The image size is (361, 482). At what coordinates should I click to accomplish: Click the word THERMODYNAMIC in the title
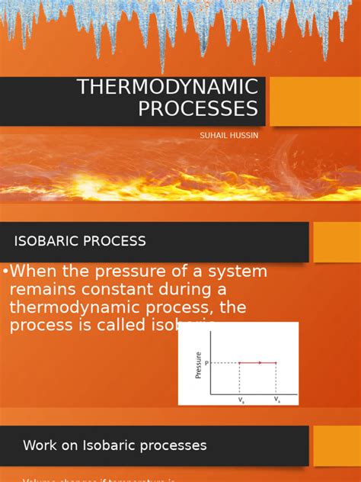pyautogui.click(x=168, y=87)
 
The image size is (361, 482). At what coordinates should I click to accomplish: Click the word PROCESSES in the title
pyautogui.click(x=198, y=109)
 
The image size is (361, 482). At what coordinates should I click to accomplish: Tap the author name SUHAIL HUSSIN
pyautogui.click(x=228, y=135)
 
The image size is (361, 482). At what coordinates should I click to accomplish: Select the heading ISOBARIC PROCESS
pyautogui.click(x=80, y=241)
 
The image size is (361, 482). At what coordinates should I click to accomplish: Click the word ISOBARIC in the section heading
pyautogui.click(x=46, y=241)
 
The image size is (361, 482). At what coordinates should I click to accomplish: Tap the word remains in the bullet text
pyautogui.click(x=38, y=290)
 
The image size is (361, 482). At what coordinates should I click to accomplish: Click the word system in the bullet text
pyautogui.click(x=237, y=272)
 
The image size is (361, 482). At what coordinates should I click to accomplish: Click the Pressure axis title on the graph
pyautogui.click(x=200, y=364)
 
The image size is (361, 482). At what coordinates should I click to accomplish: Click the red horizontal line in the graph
pyautogui.click(x=257, y=363)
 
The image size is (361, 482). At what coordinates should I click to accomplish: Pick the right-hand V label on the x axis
pyautogui.click(x=276, y=399)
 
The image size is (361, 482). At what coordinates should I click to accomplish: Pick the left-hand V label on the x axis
pyautogui.click(x=241, y=399)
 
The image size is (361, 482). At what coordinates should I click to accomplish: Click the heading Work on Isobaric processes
pyautogui.click(x=114, y=445)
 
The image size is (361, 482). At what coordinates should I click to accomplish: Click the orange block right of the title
pyautogui.click(x=315, y=101)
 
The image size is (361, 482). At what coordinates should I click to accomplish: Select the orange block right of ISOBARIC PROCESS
pyautogui.click(x=337, y=242)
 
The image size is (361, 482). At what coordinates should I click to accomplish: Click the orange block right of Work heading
pyautogui.click(x=337, y=445)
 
